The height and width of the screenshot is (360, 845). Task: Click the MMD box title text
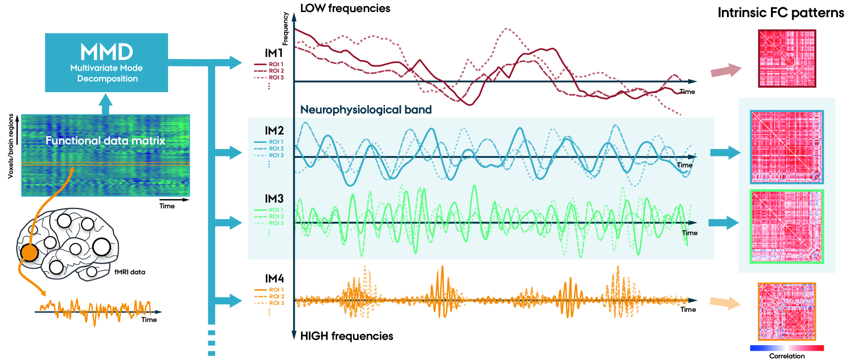click(106, 52)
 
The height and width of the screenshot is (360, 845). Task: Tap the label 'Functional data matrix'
click(105, 141)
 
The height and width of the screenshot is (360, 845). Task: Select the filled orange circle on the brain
click(30, 253)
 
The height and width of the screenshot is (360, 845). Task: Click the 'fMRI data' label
click(130, 272)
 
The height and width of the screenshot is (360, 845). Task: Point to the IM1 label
click(273, 53)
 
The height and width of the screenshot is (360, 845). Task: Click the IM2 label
click(274, 131)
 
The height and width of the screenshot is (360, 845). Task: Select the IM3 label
click(274, 199)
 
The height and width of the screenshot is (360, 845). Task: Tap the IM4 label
click(274, 279)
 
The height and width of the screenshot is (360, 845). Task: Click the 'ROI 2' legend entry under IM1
click(276, 71)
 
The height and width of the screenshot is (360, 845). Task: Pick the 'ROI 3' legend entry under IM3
click(276, 223)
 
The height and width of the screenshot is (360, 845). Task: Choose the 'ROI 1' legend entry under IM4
click(276, 290)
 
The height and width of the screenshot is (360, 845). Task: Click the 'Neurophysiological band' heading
click(366, 110)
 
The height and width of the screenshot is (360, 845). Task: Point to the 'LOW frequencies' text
click(345, 8)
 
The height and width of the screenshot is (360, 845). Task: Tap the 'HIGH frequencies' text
click(347, 336)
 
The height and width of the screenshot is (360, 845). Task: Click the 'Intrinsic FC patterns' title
click(781, 13)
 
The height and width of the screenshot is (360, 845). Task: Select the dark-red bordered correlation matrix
click(787, 58)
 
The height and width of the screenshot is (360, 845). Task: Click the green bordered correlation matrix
click(787, 226)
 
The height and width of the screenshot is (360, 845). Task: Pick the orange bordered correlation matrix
click(787, 311)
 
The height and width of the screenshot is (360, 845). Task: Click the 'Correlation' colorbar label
click(787, 356)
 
